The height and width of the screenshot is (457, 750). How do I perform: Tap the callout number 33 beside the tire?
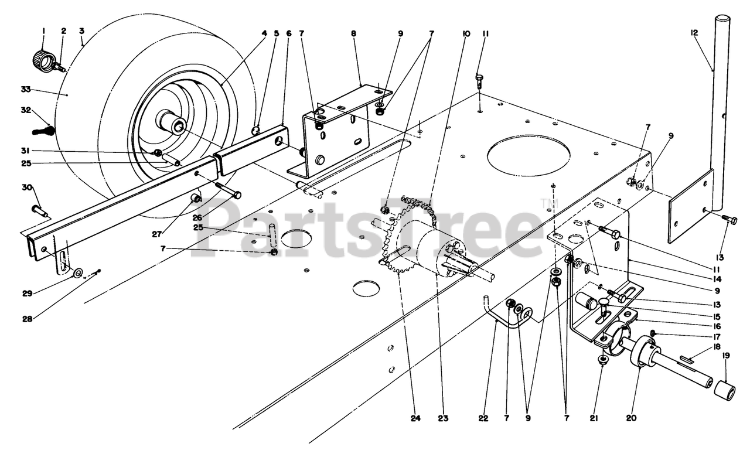point(25,90)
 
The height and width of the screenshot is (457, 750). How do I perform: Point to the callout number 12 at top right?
point(695,34)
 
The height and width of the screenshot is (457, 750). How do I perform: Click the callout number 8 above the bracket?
point(353,34)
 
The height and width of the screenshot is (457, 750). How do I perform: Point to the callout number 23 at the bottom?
point(442,418)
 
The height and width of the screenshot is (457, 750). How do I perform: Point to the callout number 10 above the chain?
point(466,34)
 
